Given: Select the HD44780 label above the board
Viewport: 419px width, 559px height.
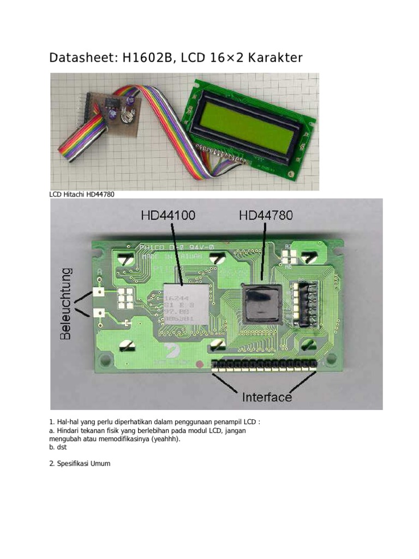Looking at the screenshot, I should [x=266, y=216].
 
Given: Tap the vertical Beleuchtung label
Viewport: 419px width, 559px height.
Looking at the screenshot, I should [x=66, y=304].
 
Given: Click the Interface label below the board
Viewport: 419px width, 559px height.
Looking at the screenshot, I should [x=267, y=397].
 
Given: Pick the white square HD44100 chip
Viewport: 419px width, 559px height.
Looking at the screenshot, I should [x=185, y=304].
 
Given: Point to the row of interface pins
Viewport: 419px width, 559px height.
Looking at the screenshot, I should [x=265, y=364].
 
